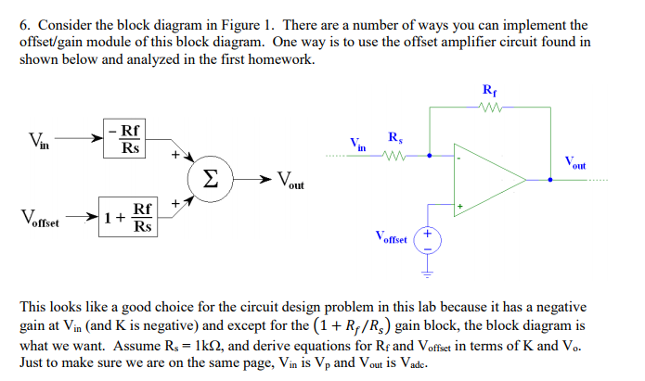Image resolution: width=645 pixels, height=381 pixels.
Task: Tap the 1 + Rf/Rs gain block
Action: tap(128, 219)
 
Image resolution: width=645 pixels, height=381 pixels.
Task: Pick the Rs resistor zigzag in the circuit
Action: tap(394, 155)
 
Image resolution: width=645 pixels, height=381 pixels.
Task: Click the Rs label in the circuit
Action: tap(394, 137)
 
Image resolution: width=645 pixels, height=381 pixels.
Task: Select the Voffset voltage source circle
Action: tap(428, 239)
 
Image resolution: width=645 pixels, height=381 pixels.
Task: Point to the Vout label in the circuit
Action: tap(574, 162)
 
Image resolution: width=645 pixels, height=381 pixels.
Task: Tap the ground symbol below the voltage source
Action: tap(428, 271)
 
